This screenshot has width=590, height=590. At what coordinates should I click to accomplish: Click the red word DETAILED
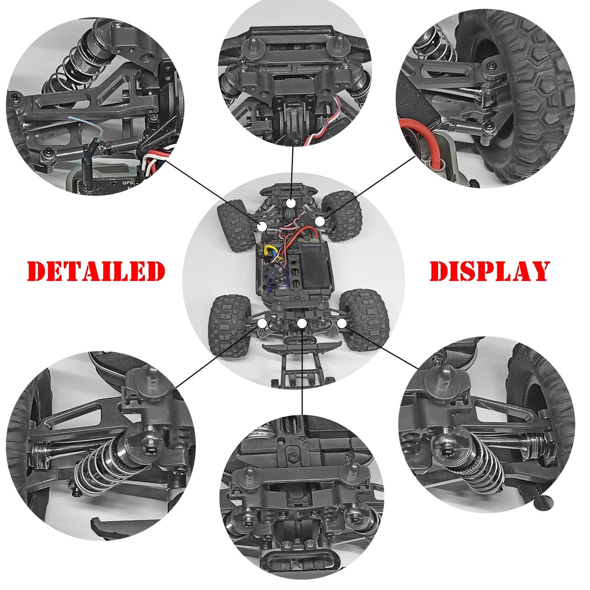click(96, 271)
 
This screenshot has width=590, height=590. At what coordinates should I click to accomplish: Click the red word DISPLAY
click(489, 271)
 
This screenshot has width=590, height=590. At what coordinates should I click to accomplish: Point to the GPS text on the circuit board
click(128, 183)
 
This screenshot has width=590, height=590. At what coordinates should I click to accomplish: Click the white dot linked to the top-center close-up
click(292, 203)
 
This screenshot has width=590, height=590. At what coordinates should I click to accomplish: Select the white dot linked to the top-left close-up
click(262, 227)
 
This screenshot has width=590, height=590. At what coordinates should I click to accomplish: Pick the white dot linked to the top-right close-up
click(319, 221)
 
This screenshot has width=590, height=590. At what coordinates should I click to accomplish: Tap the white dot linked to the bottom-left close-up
click(262, 323)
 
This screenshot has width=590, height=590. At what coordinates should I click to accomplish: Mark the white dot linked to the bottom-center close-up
click(302, 323)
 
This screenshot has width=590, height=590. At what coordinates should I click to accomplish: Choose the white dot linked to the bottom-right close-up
click(342, 323)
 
